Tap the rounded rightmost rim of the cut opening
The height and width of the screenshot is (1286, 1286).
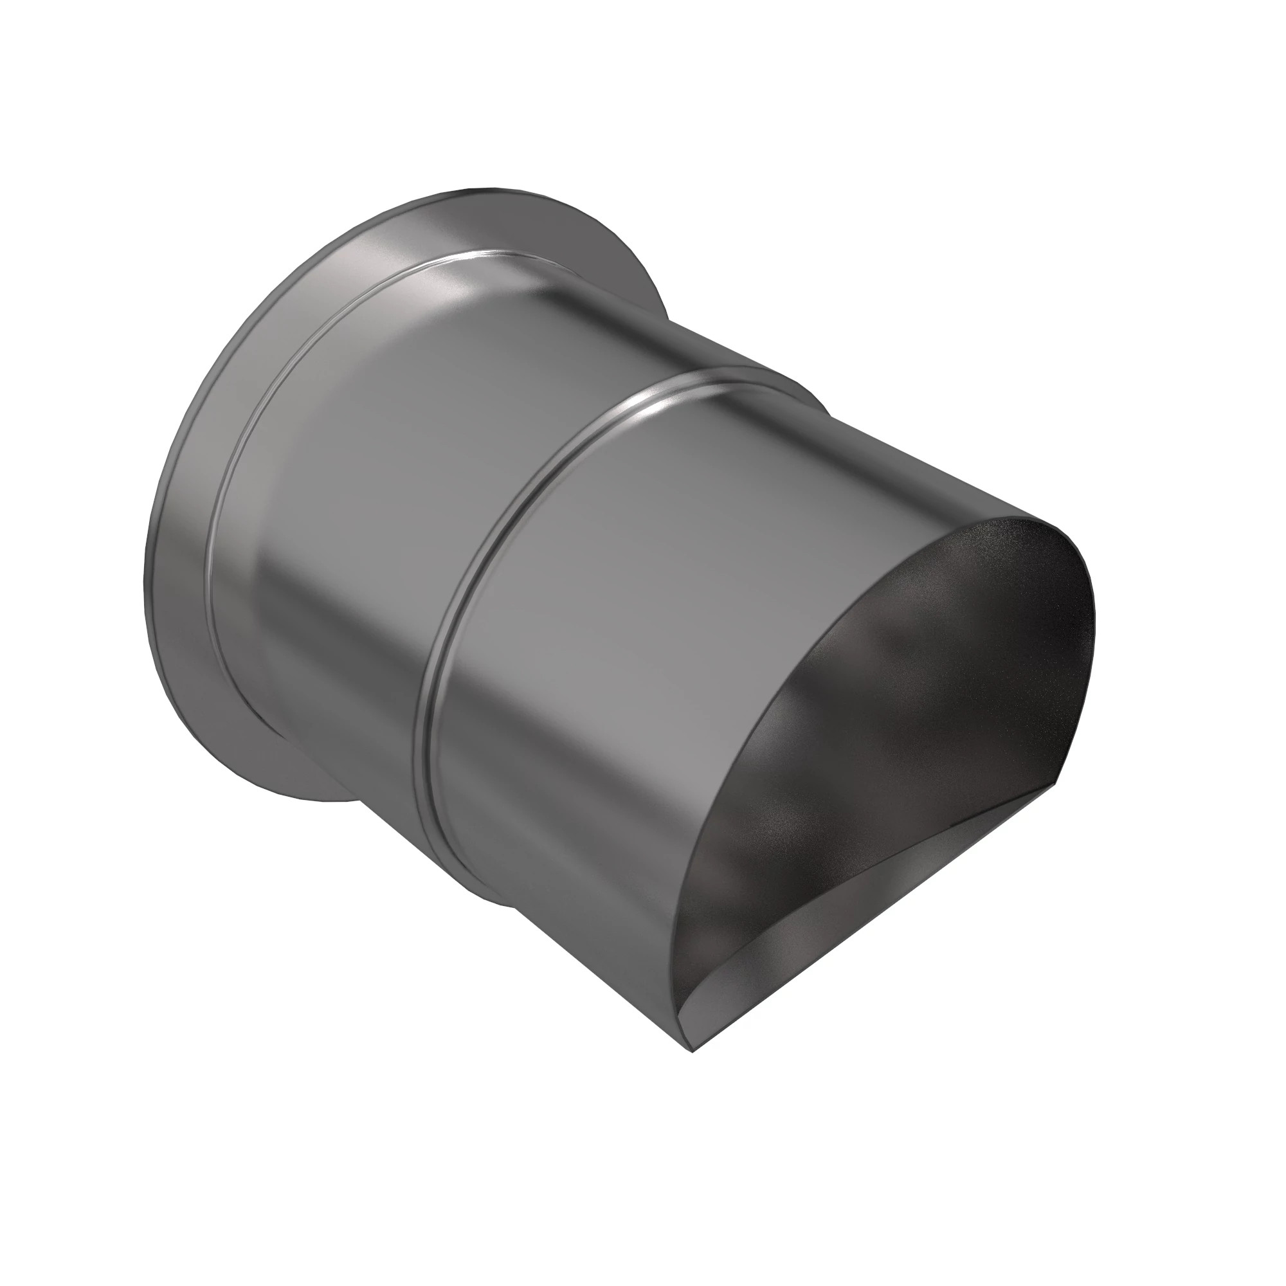(1092, 639)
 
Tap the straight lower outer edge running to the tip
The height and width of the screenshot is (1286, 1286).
(599, 972)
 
